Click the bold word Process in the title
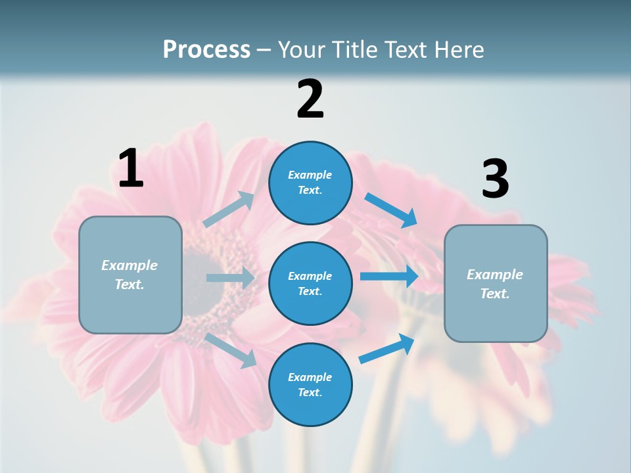point(206,50)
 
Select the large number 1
point(131,169)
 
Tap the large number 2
point(310,99)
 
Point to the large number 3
point(495,179)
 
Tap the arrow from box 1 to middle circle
point(230,278)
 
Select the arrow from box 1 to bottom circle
point(231,350)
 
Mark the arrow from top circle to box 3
point(391,210)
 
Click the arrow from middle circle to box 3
point(388,276)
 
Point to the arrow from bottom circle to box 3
point(386,348)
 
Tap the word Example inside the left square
point(129,265)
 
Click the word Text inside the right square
point(494,294)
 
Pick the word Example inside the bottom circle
point(310,377)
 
